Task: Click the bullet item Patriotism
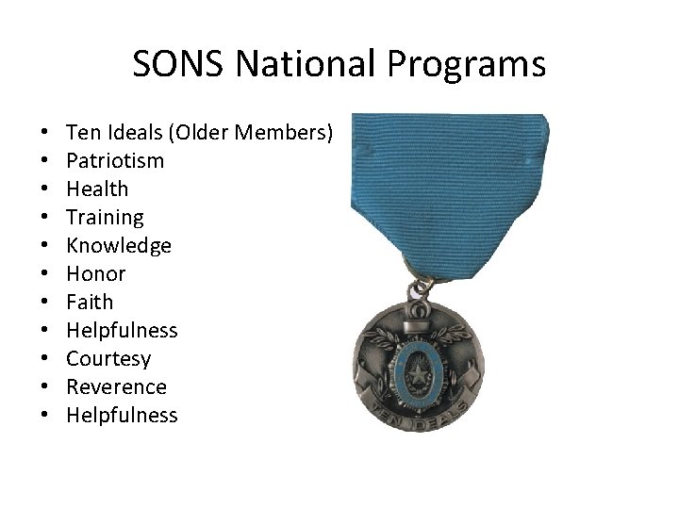click(115, 160)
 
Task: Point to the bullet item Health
click(97, 189)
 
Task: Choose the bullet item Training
click(105, 217)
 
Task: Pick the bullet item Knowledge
click(119, 245)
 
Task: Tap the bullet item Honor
click(96, 273)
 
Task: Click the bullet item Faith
click(90, 302)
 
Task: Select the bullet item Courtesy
click(108, 358)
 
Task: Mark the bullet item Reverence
click(116, 386)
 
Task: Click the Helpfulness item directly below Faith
click(122, 330)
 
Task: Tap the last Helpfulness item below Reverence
click(122, 415)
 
